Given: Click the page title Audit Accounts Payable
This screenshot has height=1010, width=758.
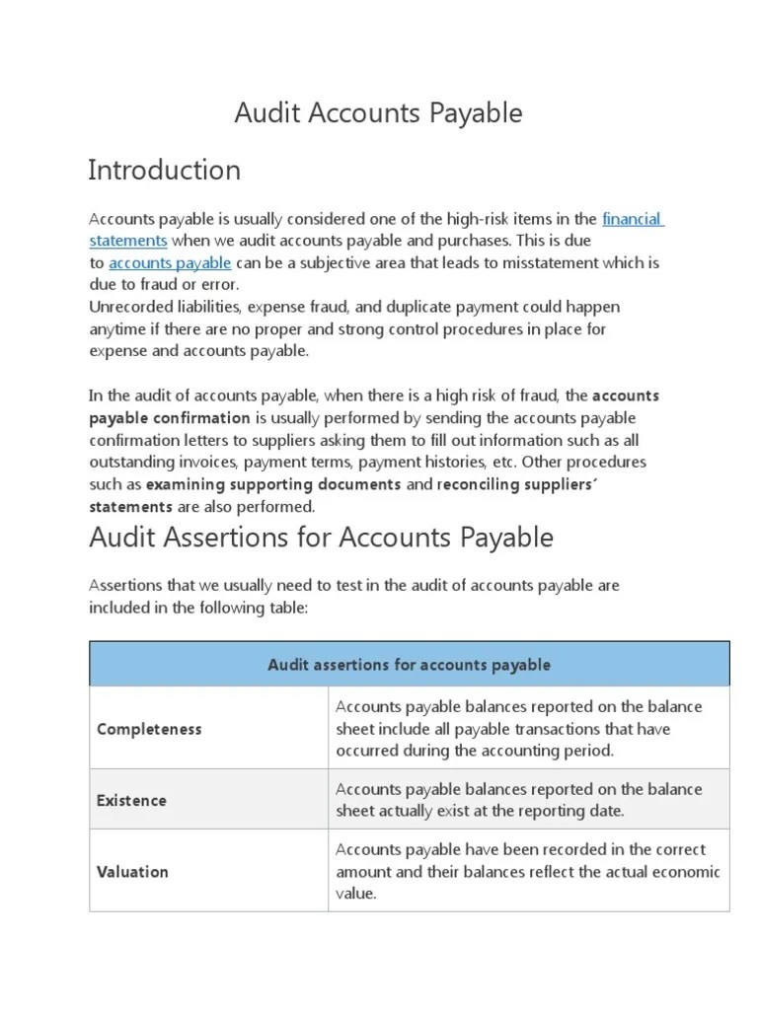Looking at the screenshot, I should [378, 113].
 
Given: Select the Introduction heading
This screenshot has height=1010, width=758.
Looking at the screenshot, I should [164, 171].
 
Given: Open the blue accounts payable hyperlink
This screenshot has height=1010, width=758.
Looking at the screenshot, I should [170, 263].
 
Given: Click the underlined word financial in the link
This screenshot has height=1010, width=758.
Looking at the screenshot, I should [632, 219].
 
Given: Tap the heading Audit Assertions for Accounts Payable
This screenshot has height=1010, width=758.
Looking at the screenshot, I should [321, 538].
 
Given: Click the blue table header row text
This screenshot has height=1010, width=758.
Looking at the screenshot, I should [409, 665].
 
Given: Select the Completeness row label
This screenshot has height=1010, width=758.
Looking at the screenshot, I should [149, 729].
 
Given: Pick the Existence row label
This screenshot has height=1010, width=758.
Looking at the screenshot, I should [131, 801].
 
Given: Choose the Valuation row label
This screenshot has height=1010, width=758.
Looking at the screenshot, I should [132, 872].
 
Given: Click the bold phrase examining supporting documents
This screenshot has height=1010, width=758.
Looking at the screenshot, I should [273, 484].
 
